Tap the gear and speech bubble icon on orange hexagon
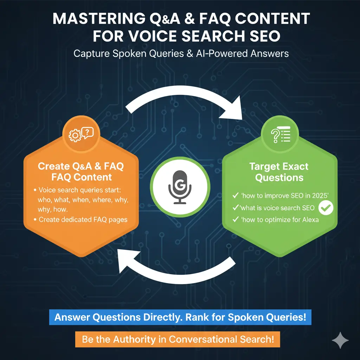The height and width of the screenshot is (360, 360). coord(81,134)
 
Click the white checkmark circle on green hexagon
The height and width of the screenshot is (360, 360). coord(326,208)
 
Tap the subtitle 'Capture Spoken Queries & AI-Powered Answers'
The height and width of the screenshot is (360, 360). coord(181,53)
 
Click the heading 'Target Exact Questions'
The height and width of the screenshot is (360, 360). coord(279,172)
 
